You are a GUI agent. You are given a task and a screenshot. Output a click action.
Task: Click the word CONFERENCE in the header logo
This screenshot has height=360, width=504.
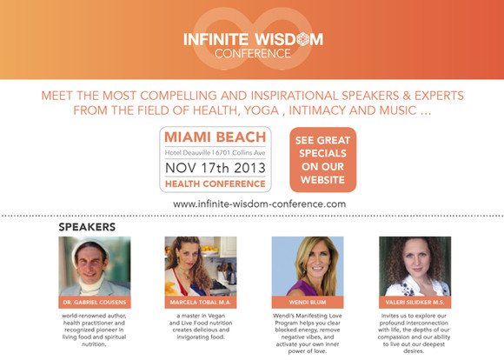coord(253,53)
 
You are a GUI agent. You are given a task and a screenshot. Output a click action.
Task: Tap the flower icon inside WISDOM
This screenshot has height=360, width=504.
coord(302,39)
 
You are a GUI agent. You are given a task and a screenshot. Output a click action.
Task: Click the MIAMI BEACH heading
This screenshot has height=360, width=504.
coord(216,137)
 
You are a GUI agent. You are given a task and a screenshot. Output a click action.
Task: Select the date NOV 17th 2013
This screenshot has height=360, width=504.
coord(216,168)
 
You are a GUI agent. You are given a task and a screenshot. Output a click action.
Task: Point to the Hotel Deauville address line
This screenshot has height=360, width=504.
coord(215,152)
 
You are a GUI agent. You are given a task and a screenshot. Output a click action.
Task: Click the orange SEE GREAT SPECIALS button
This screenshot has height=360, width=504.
coord(323,160)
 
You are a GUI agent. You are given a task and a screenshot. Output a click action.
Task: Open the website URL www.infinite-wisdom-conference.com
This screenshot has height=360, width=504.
coord(260,204)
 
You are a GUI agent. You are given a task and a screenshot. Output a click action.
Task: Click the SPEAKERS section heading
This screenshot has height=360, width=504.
coord(87,227)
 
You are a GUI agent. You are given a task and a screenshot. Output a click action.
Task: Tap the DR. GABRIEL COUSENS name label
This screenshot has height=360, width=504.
coord(95,303)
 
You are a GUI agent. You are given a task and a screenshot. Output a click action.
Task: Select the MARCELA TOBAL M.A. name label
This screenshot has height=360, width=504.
coord(201,303)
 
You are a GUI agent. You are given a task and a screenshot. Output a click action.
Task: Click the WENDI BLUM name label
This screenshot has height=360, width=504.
coord(308,303)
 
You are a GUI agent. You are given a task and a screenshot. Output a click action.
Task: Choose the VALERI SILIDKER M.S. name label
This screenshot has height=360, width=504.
coord(415,303)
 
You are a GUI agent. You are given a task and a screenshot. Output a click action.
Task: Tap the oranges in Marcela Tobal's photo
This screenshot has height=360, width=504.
coord(209,249)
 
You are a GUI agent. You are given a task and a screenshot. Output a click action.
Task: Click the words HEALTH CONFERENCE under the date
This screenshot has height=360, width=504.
coord(216,184)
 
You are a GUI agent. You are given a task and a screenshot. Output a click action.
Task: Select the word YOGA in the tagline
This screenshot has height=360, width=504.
coord(262,110)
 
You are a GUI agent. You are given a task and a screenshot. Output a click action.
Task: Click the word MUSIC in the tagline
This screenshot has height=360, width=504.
coord(398,110)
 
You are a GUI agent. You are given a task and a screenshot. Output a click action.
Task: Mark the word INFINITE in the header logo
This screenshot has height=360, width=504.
coord(216,40)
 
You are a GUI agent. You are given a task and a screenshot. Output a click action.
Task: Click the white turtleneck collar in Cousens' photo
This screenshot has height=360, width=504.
coord(91,285)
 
